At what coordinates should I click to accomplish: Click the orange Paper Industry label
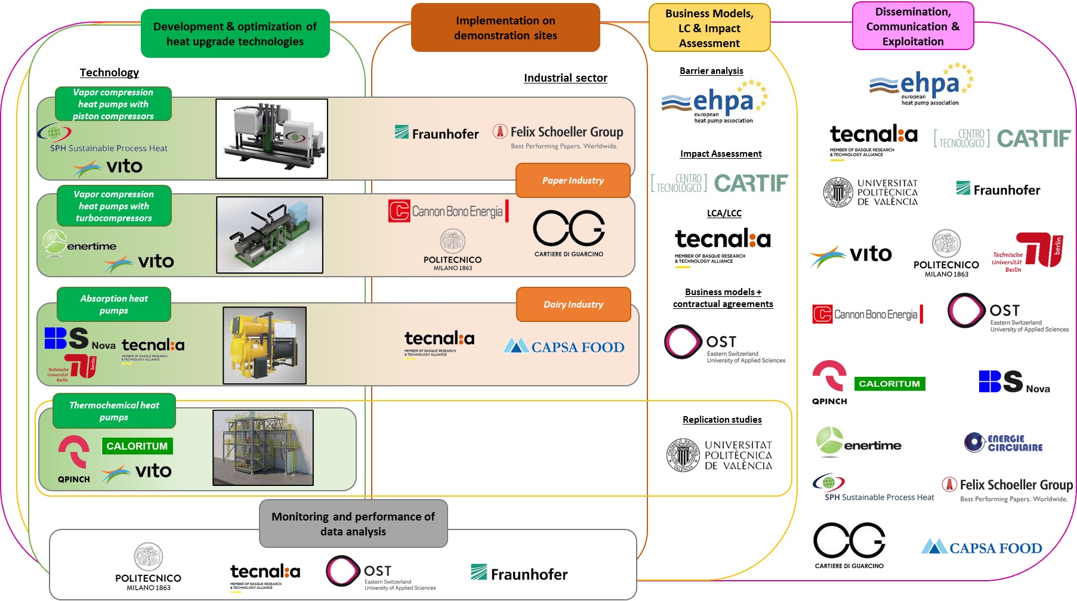(x=573, y=180)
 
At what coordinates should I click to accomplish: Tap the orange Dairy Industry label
(x=573, y=304)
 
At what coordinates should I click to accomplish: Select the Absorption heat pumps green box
(x=114, y=304)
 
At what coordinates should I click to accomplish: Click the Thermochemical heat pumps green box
(x=114, y=411)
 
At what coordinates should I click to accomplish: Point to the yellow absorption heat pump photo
(x=264, y=345)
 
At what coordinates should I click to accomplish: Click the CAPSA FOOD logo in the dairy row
(x=564, y=346)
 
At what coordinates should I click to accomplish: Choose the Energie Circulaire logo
(x=1004, y=442)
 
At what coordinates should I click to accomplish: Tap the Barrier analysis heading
(x=711, y=71)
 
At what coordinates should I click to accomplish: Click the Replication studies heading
(x=722, y=420)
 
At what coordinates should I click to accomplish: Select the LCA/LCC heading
(x=724, y=213)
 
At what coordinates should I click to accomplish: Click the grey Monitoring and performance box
(x=353, y=523)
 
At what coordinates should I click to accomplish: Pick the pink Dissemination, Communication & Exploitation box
(x=913, y=26)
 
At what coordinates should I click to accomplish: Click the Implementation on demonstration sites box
(x=505, y=28)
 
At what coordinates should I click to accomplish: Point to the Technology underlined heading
(x=109, y=73)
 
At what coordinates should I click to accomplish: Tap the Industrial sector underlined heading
(x=565, y=78)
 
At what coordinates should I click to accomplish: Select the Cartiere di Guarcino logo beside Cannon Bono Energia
(x=569, y=233)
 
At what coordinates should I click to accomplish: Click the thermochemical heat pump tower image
(x=263, y=447)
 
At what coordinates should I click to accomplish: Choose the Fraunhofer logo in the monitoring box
(x=519, y=574)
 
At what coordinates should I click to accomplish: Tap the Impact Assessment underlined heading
(x=721, y=154)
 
